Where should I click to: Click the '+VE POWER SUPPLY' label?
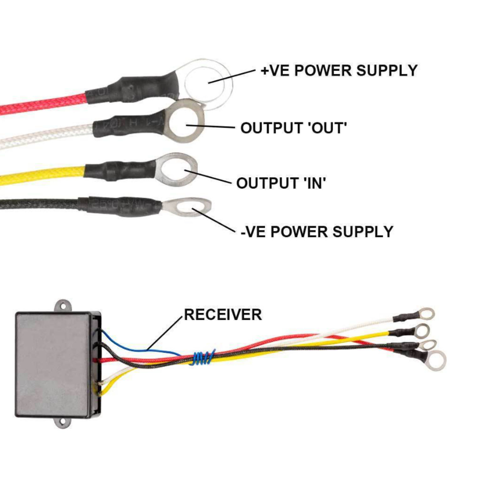(339, 70)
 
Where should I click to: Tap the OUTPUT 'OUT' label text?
(293, 128)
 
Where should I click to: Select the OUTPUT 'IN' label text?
(281, 183)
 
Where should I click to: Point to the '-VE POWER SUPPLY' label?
(317, 232)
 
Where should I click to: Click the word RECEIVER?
(223, 315)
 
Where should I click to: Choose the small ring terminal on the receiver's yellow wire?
(423, 330)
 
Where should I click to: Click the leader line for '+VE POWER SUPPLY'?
(232, 76)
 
